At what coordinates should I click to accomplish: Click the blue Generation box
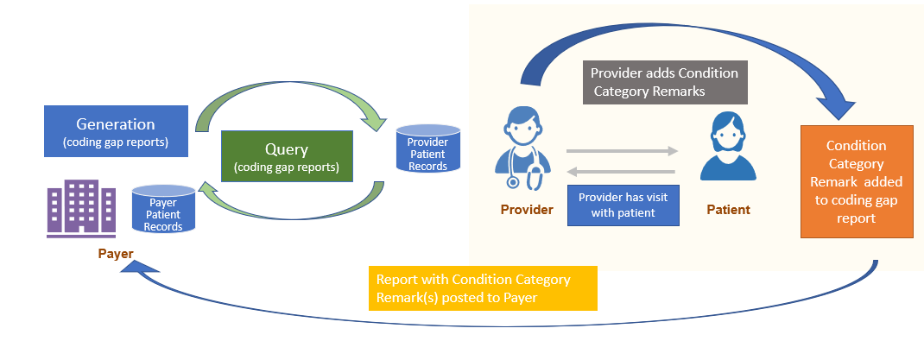[117, 131]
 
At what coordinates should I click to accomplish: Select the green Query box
[287, 156]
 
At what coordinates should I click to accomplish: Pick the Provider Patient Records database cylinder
[427, 148]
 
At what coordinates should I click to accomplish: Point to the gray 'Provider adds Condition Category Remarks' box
[665, 82]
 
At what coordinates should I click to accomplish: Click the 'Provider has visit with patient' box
[623, 204]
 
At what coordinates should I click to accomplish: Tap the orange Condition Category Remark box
[856, 181]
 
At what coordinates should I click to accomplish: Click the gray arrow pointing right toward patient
[622, 152]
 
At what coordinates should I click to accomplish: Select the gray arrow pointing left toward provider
[622, 172]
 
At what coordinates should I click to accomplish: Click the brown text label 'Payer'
[117, 254]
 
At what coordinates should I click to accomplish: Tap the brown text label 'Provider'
[527, 209]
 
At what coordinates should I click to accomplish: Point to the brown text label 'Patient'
[729, 209]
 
